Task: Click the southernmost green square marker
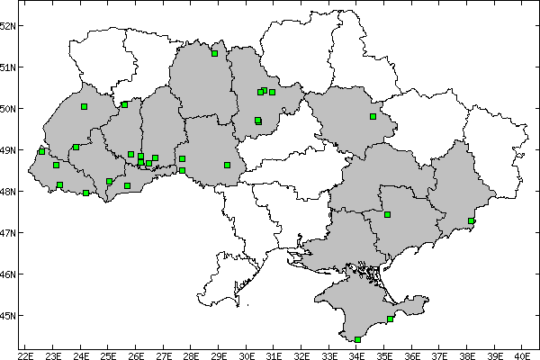[358, 339]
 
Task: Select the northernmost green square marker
[214, 53]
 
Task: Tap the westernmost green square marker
[41, 151]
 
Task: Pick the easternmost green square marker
[471, 220]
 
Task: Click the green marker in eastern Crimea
[390, 319]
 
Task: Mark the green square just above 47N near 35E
[387, 214]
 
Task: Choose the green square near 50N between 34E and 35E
[373, 116]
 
